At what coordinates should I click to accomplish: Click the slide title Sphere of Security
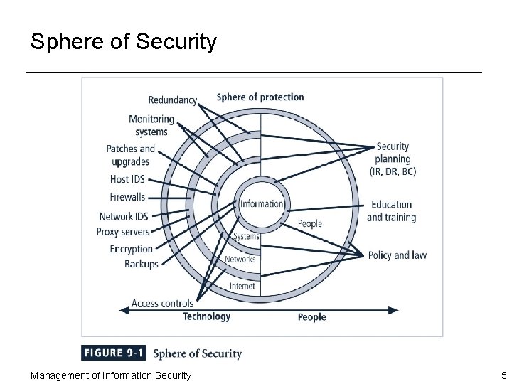(x=123, y=42)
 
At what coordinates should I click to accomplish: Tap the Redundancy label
(x=172, y=100)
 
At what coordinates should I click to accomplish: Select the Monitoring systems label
(x=151, y=125)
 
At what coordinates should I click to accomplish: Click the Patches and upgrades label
(x=130, y=155)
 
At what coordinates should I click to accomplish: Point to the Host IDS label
(x=127, y=179)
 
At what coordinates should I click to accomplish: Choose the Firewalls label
(x=127, y=196)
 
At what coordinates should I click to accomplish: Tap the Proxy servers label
(x=122, y=232)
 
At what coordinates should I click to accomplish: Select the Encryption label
(x=131, y=249)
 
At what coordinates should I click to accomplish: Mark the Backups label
(x=141, y=264)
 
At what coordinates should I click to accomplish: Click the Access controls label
(x=162, y=303)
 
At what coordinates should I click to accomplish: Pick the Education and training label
(x=391, y=211)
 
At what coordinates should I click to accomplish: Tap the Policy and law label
(x=397, y=255)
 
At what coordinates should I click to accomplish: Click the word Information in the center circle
(x=261, y=204)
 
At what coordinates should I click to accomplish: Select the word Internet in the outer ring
(x=242, y=286)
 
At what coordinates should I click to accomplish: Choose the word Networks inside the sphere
(x=240, y=260)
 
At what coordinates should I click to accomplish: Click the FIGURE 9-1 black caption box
(x=114, y=353)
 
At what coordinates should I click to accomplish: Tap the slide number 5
(x=503, y=375)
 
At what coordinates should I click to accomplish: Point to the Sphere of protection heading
(x=260, y=97)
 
